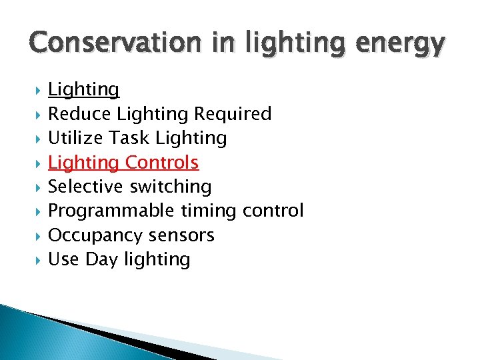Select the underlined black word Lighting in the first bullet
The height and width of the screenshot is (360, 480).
click(84, 89)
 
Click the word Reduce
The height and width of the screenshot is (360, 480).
click(79, 114)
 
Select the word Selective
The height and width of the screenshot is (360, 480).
click(87, 187)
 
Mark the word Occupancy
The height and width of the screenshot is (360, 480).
click(95, 235)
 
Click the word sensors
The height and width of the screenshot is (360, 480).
click(181, 235)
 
